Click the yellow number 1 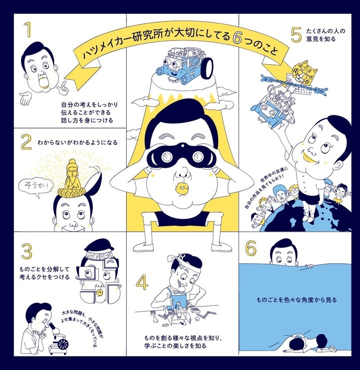point(28,29)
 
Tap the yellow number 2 point(26,142)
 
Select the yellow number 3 point(26,251)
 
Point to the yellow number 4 point(142,283)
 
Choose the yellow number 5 point(296,34)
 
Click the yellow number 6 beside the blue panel point(251,248)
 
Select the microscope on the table point(58,338)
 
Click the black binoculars point(181,155)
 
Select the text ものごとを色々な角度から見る point(296,300)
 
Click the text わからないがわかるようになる point(77,142)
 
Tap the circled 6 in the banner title point(237,38)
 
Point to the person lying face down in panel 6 point(310,344)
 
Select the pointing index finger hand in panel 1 point(62,88)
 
